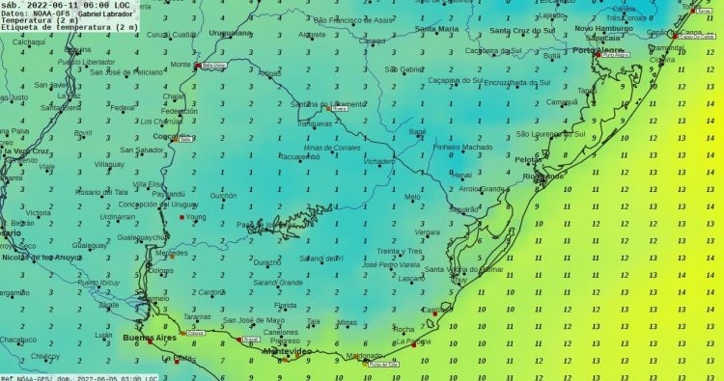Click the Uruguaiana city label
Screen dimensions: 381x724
230,32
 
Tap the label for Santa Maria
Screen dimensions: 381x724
437,29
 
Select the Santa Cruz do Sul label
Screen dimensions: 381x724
520,31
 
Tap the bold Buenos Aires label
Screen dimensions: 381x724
151,338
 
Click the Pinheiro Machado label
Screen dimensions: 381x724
462,147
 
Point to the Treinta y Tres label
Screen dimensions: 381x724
400,251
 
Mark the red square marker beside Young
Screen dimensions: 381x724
181,217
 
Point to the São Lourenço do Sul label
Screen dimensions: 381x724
550,133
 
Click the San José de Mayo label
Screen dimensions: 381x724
254,320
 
